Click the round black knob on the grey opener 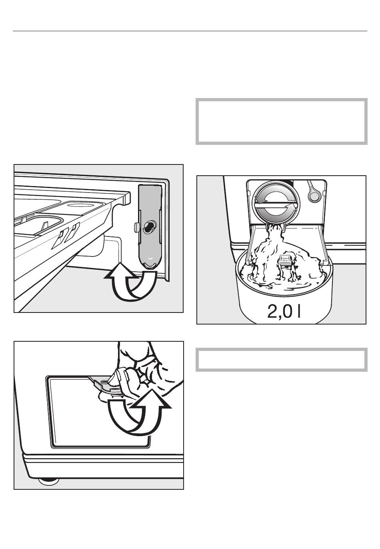(x=149, y=227)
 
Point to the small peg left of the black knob (x=136, y=227)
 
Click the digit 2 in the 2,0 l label (x=272, y=311)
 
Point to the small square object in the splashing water (x=285, y=260)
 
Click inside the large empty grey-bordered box (x=282, y=122)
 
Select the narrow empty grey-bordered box (x=282, y=360)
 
